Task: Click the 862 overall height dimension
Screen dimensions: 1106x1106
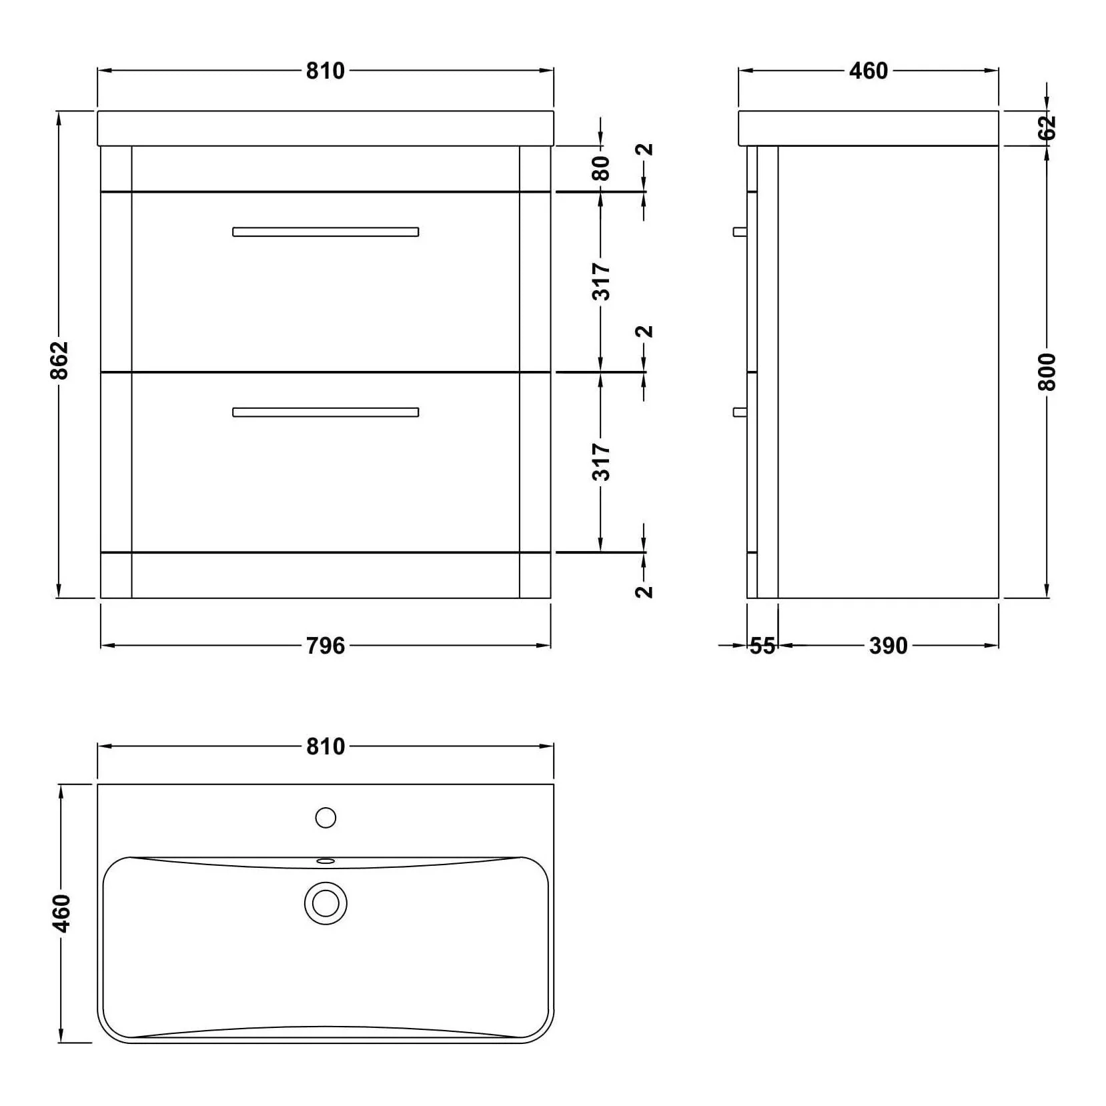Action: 59,360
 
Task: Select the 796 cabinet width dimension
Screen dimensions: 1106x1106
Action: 326,646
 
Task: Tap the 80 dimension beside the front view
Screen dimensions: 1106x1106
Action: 601,168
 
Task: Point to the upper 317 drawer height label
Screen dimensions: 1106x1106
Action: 601,282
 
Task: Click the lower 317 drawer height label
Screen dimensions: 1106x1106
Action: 601,462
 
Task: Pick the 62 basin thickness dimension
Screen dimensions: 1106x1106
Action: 1048,127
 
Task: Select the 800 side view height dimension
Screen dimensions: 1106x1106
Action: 1048,372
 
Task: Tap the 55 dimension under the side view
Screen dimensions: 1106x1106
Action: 762,646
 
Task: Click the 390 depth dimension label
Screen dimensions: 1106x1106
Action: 888,646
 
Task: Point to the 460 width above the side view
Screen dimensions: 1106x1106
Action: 868,71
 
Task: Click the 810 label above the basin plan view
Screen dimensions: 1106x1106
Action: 326,746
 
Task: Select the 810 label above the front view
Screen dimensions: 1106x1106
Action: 326,71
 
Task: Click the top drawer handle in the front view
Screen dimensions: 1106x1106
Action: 326,232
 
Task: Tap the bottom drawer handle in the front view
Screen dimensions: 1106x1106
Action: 326,412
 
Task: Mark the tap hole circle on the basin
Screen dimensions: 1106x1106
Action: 326,818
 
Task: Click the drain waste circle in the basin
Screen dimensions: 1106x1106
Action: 326,904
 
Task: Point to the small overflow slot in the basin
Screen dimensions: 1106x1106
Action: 326,861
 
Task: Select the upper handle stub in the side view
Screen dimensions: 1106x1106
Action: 740,231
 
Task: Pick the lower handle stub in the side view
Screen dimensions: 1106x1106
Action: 740,412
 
